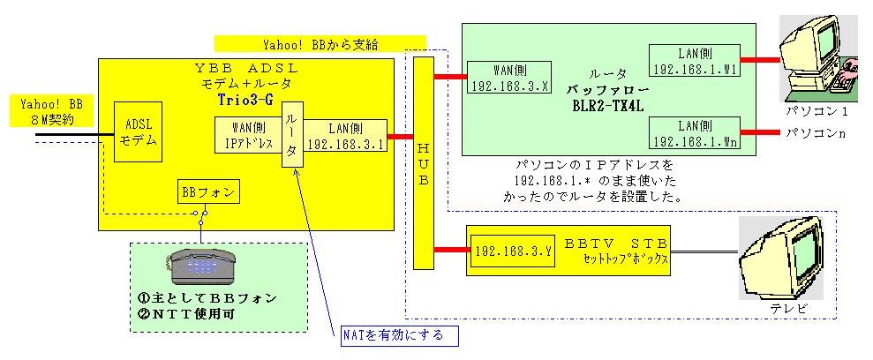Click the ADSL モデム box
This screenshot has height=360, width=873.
(138, 132)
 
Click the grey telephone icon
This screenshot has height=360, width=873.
(201, 264)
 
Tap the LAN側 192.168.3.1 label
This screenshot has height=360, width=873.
(346, 137)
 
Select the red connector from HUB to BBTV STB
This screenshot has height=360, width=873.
(450, 251)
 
